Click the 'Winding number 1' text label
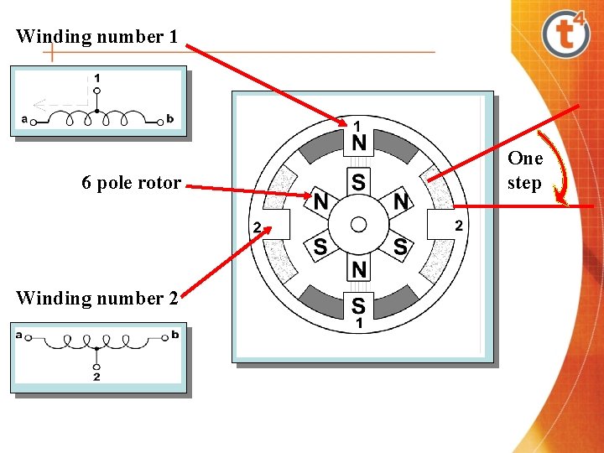click(96, 37)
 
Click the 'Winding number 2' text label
click(96, 298)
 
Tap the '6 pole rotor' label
click(131, 183)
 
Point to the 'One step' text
click(525, 170)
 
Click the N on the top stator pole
click(359, 143)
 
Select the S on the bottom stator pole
click(359, 305)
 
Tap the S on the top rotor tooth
click(359, 181)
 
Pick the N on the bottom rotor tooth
click(359, 269)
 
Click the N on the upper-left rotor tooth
click(320, 202)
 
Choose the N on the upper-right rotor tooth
click(401, 201)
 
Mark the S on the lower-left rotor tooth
click(320, 247)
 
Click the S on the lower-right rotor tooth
click(400, 247)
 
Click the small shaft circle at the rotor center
click(359, 224)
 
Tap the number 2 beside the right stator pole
click(458, 225)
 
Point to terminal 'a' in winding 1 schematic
click(24, 119)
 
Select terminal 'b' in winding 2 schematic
click(174, 335)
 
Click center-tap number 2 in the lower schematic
click(96, 377)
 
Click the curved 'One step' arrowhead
click(560, 200)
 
